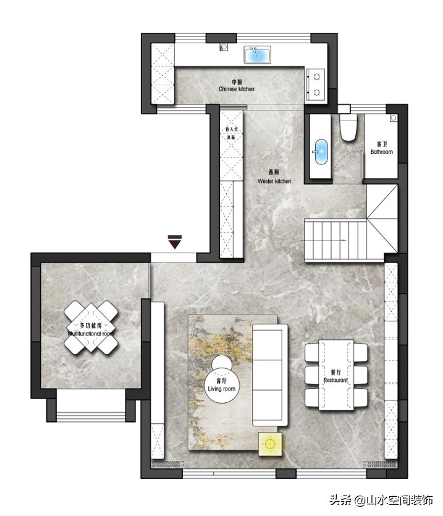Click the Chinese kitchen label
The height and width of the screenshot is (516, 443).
[x=236, y=86]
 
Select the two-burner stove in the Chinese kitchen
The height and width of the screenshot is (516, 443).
[x=316, y=85]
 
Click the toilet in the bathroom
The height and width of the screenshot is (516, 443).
[x=348, y=127]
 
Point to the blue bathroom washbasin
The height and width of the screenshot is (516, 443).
[x=321, y=151]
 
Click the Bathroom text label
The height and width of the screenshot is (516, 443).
[x=381, y=148]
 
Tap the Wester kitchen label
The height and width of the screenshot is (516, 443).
[x=274, y=177]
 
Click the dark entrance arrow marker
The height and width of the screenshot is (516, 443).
[x=175, y=242]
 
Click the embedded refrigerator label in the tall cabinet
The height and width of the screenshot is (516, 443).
[x=230, y=133]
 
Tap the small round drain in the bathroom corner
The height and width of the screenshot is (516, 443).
[x=393, y=117]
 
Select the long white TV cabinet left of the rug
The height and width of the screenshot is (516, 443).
[x=158, y=380]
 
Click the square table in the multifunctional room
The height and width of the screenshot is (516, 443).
[x=91, y=327]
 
